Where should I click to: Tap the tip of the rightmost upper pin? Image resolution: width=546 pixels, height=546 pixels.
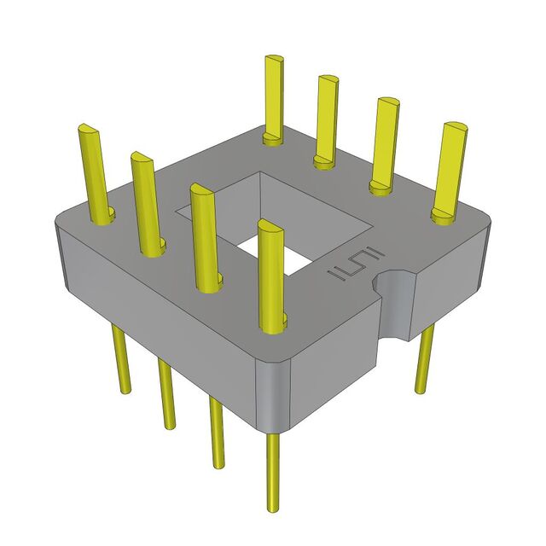pyautogui.click(x=454, y=127)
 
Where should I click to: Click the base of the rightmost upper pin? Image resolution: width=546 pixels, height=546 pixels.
pyautogui.click(x=444, y=214)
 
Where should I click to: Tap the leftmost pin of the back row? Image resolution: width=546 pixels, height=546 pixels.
pyautogui.click(x=274, y=98)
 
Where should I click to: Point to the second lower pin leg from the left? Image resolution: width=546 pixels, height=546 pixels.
pyautogui.click(x=166, y=393)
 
